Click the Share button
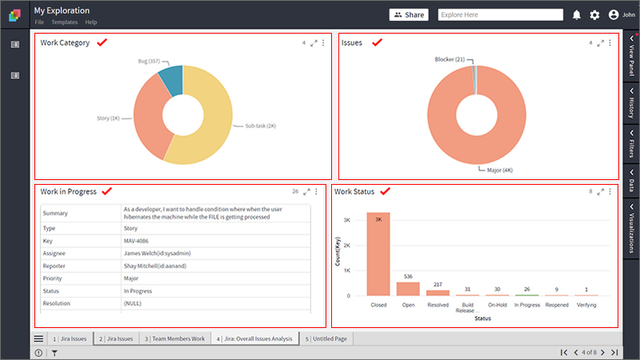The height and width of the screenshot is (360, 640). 409,14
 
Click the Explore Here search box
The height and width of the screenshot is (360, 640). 501,14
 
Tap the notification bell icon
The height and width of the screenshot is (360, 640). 576,15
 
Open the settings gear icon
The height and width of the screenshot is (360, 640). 594,15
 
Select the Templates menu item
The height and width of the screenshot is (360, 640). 65,22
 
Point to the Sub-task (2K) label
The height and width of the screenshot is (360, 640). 261,126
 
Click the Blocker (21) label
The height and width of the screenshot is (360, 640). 450,59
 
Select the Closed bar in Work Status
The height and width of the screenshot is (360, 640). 378,254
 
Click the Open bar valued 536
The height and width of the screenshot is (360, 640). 408,289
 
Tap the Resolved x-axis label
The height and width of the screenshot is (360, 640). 438,305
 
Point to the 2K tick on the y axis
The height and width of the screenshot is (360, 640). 347,246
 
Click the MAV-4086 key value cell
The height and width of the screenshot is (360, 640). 136,241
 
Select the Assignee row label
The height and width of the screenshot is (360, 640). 54,253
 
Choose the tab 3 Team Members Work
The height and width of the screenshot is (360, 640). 174,338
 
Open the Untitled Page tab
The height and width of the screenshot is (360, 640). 326,338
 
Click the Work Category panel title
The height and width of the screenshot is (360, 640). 65,42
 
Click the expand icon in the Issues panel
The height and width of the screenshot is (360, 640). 601,43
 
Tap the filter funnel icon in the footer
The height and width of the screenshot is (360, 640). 54,353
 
